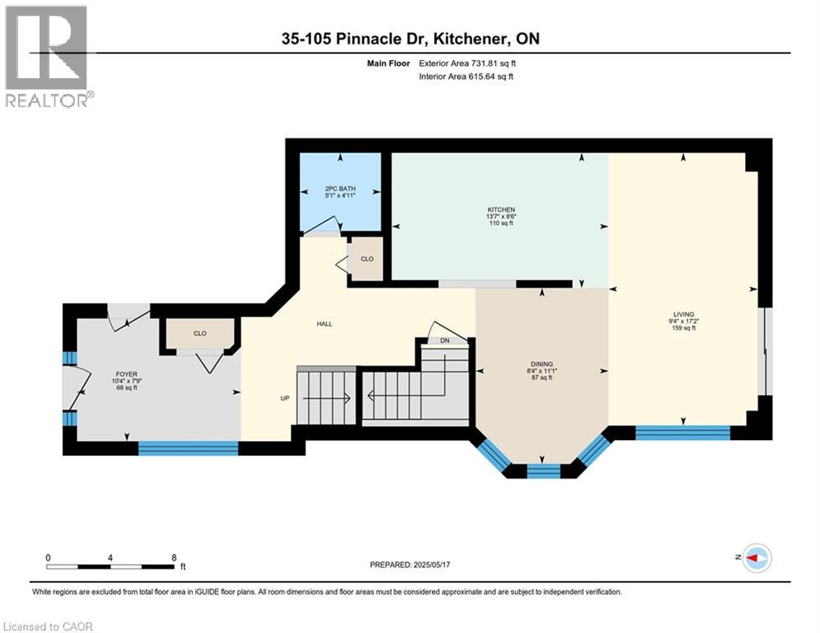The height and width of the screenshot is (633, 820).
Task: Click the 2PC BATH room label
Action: click(340, 189)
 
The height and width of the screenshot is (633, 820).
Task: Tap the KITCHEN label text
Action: click(501, 210)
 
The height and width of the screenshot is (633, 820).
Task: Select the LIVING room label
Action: click(683, 314)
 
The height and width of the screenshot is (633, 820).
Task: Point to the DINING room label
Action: click(541, 364)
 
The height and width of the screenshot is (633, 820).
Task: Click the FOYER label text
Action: click(127, 374)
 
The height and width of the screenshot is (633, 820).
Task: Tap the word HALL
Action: click(324, 324)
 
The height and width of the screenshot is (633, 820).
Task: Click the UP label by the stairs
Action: click(285, 398)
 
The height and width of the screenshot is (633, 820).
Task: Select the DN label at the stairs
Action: click(444, 340)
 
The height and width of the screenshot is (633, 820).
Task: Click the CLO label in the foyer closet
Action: click(199, 333)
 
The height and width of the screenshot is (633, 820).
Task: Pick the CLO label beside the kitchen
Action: click(367, 259)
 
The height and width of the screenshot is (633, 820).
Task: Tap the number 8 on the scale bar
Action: click(174, 558)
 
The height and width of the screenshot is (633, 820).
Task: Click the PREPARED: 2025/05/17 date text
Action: click(410, 565)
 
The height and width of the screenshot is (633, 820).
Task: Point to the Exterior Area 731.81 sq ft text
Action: click(467, 63)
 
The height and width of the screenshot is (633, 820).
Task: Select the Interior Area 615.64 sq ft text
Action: click(466, 77)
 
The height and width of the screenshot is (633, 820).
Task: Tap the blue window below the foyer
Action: click(188, 448)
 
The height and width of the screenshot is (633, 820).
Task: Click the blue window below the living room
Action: click(682, 433)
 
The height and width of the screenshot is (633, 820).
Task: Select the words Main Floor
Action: click(388, 63)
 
